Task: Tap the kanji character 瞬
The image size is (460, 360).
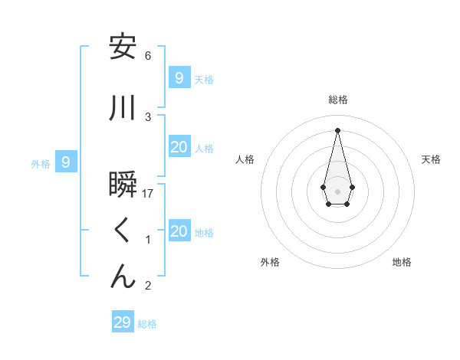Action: [123, 185]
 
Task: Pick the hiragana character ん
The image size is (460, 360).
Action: [123, 277]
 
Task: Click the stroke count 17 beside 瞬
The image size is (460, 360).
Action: [149, 194]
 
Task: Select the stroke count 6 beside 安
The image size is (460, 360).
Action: [148, 56]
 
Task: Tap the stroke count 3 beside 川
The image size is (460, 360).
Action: [148, 117]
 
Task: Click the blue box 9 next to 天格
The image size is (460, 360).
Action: [179, 77]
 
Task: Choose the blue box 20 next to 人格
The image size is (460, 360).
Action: [179, 147]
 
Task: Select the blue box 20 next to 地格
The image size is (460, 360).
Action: [179, 231]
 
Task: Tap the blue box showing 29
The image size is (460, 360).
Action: [122, 322]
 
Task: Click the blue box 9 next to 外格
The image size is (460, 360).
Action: [66, 162]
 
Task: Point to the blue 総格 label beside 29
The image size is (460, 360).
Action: [148, 324]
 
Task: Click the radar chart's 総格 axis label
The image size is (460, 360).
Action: [337, 100]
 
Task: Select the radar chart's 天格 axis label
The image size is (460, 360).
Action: [431, 159]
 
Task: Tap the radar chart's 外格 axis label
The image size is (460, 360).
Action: [270, 262]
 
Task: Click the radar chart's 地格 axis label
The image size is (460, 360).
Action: [402, 262]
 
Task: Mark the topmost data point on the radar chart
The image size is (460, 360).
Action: [337, 129]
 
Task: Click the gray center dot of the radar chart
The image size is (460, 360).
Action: [337, 190]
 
